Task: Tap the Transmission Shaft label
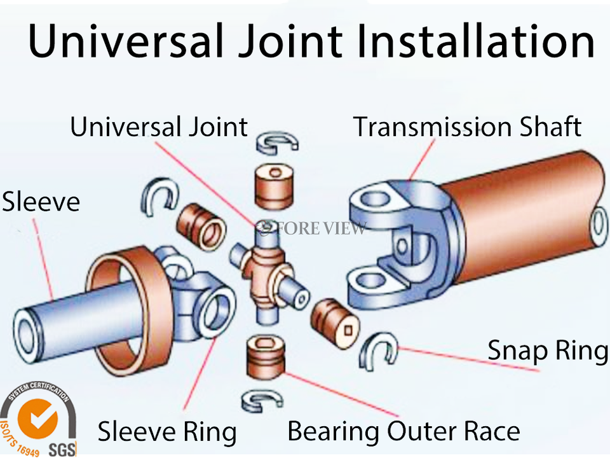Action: pyautogui.click(x=467, y=127)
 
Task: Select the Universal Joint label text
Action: pyautogui.click(x=158, y=127)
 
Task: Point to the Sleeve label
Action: pyautogui.click(x=41, y=202)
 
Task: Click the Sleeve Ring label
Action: pyautogui.click(x=166, y=432)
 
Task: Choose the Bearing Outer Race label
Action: pyautogui.click(x=403, y=431)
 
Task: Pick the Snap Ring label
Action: pyautogui.click(x=547, y=350)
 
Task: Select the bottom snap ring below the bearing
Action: pyautogui.click(x=260, y=399)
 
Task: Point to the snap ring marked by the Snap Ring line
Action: pyautogui.click(x=377, y=350)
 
